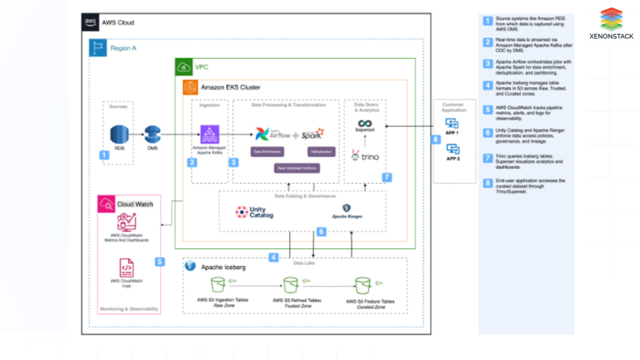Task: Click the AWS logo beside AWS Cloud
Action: click(91, 23)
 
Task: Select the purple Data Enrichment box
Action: click(266, 153)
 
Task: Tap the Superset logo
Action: click(365, 125)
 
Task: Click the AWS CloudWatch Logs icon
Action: click(126, 267)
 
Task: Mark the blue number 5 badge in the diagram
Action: click(159, 262)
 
